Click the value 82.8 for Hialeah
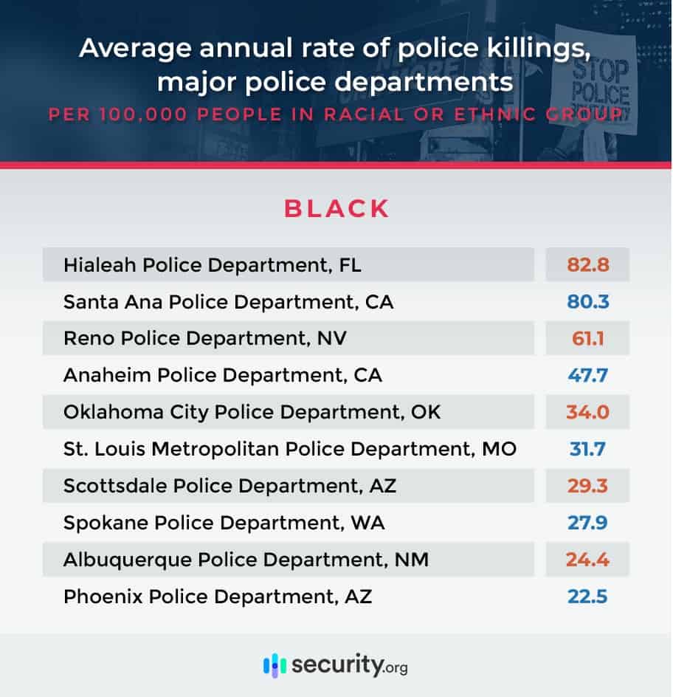point(587,265)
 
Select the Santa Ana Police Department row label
point(228,302)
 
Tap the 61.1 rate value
point(587,339)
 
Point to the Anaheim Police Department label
point(222,375)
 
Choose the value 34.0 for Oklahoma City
point(587,412)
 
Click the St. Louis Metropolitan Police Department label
point(289,448)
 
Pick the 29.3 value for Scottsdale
point(587,485)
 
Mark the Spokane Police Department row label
point(224,523)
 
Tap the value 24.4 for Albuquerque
point(587,559)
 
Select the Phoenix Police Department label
point(218,596)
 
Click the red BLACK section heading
point(336,209)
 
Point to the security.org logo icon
point(275,665)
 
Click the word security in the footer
point(336,665)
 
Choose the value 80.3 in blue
point(587,302)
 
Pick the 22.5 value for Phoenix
point(587,596)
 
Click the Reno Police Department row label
point(204,339)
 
